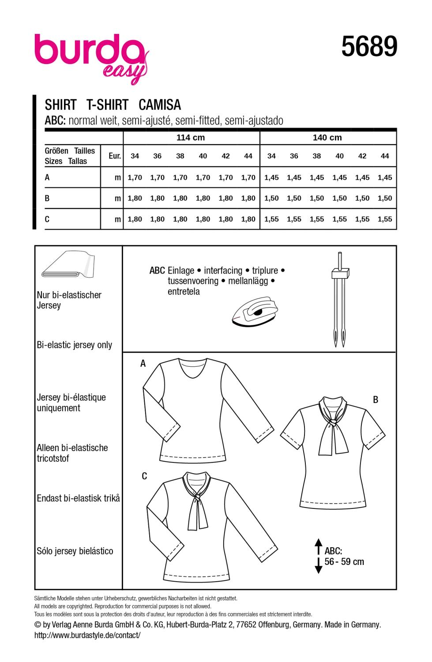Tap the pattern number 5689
click(x=369, y=47)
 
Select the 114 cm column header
click(x=191, y=138)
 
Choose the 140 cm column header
click(x=327, y=138)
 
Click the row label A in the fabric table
click(x=47, y=177)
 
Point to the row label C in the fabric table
click(x=47, y=219)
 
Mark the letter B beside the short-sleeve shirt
click(x=376, y=400)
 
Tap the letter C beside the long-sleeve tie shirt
click(x=144, y=477)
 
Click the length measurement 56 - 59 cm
click(x=344, y=562)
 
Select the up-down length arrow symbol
click(x=317, y=556)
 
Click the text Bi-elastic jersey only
click(x=75, y=345)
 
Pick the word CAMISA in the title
click(x=160, y=105)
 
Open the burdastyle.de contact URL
click(x=87, y=635)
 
